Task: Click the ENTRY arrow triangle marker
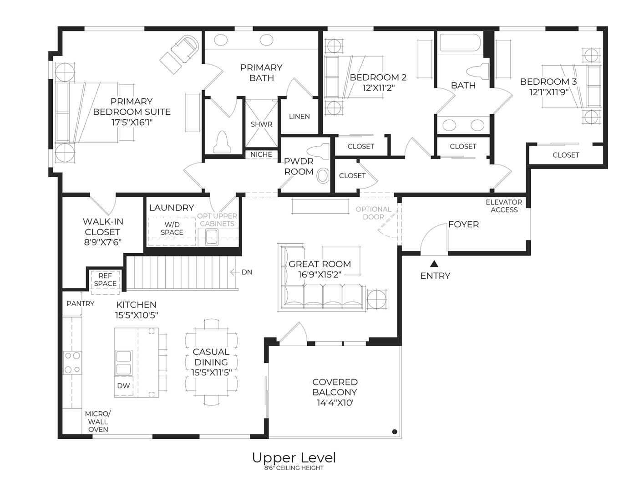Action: point(434,263)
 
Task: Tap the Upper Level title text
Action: point(294,457)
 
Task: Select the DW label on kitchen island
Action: point(123,385)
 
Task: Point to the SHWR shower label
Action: point(261,124)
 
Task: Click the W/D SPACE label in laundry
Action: point(172,228)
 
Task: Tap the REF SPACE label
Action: point(105,280)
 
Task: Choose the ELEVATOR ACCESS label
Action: point(504,206)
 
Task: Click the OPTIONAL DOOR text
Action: point(373,213)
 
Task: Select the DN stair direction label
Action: point(247,272)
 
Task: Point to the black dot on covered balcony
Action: point(395,431)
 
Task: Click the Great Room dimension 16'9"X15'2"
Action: point(320,274)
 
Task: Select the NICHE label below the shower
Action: point(261,154)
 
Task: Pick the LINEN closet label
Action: point(299,117)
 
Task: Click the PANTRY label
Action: point(81,303)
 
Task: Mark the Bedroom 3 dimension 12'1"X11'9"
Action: point(548,92)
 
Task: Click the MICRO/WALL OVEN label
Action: point(98,421)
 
